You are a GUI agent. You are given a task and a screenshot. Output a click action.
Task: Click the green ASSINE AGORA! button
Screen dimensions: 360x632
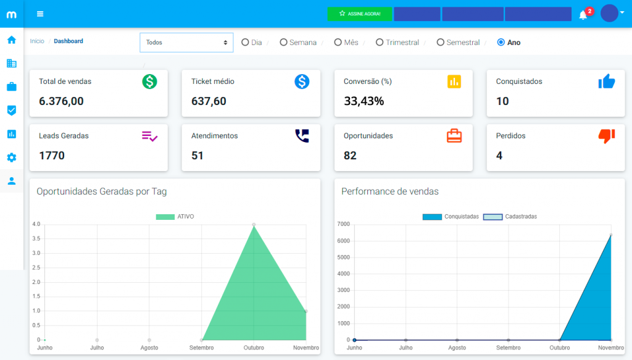click(x=360, y=14)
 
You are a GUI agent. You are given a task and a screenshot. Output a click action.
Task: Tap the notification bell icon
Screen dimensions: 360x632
click(x=583, y=15)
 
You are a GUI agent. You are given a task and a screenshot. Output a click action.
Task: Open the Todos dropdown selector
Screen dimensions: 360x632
click(x=186, y=43)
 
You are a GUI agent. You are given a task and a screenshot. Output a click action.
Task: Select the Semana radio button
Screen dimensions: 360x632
click(x=283, y=43)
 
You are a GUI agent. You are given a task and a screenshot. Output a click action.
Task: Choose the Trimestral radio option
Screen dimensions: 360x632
click(x=380, y=43)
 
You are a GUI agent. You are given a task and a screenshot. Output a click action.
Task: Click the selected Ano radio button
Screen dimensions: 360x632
click(x=501, y=43)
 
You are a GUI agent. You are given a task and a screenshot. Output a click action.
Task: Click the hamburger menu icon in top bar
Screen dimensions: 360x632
click(x=40, y=14)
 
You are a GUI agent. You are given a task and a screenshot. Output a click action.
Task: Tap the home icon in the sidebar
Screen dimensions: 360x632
click(x=11, y=40)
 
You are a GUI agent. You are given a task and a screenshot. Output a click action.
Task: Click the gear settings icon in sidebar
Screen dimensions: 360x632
click(x=11, y=157)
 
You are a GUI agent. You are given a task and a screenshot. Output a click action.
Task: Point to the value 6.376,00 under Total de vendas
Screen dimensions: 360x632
click(x=61, y=101)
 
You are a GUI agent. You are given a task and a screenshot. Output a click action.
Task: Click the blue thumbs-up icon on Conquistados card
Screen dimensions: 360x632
click(x=606, y=82)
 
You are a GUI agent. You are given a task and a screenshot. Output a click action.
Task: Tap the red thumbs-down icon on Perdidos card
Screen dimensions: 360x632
click(x=606, y=136)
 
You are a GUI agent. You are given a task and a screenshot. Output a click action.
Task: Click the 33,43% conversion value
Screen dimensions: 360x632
click(x=364, y=101)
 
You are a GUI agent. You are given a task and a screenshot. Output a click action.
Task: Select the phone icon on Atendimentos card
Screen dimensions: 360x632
click(x=302, y=136)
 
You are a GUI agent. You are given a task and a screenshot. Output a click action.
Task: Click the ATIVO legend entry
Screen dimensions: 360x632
click(x=176, y=217)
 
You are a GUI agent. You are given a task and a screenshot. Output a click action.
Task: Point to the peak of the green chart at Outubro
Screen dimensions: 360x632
click(x=254, y=225)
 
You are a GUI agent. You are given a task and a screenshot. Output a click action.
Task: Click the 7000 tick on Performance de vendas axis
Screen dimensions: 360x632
click(x=344, y=224)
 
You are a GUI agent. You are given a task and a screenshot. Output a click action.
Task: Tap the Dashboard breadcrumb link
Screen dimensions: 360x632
click(x=69, y=41)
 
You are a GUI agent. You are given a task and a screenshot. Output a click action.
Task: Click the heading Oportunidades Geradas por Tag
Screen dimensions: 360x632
click(x=101, y=191)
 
